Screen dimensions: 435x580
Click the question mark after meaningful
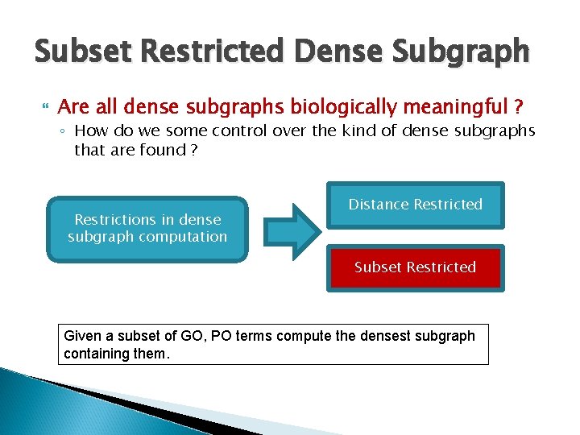click(518, 106)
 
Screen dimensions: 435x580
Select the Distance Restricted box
click(415, 205)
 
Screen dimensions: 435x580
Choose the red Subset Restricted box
click(415, 267)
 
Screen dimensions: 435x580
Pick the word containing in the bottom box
click(96, 353)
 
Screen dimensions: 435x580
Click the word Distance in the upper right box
click(378, 205)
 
